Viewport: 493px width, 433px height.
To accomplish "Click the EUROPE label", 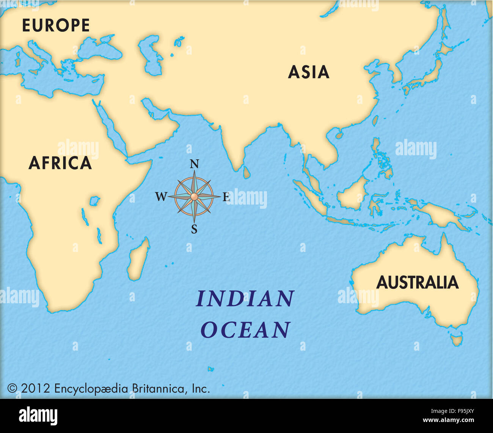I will tap(56, 25).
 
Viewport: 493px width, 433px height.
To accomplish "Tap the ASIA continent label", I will tap(308, 72).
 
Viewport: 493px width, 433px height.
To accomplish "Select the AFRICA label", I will tap(60, 163).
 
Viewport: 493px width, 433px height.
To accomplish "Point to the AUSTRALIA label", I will tap(417, 283).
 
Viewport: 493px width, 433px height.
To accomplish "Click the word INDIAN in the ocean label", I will tap(245, 299).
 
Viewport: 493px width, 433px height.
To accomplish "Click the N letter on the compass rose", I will tap(194, 164).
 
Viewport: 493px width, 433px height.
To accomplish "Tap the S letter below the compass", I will tap(194, 229).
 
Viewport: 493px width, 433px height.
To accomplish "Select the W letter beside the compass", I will tap(161, 197).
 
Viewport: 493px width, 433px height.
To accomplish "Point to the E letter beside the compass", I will tap(226, 197).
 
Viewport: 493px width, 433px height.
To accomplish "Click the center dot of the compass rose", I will tap(194, 196).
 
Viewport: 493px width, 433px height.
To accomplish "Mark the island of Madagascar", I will tap(137, 260).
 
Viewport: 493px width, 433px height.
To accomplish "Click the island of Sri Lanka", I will tap(246, 172).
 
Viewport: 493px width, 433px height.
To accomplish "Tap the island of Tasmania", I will tap(456, 339).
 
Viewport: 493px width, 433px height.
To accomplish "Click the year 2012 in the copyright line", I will tap(35, 389).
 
